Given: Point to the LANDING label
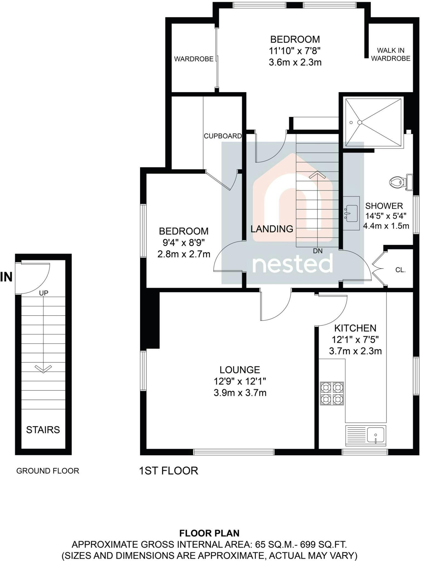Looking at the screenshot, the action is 272,229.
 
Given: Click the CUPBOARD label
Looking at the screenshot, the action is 223,136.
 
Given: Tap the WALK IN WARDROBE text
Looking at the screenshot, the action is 391,54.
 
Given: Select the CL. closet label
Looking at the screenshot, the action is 400,270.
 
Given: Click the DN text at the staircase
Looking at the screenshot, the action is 318,251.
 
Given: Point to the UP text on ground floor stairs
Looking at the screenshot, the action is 44,293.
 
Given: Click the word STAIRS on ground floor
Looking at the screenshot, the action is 43,430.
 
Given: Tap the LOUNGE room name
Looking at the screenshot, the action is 240,370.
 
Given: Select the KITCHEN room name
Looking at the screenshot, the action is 355,328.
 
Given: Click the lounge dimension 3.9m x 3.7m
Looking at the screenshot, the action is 240,393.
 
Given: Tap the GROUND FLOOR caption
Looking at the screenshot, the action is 48,471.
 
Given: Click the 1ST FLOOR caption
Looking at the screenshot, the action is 169,471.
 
